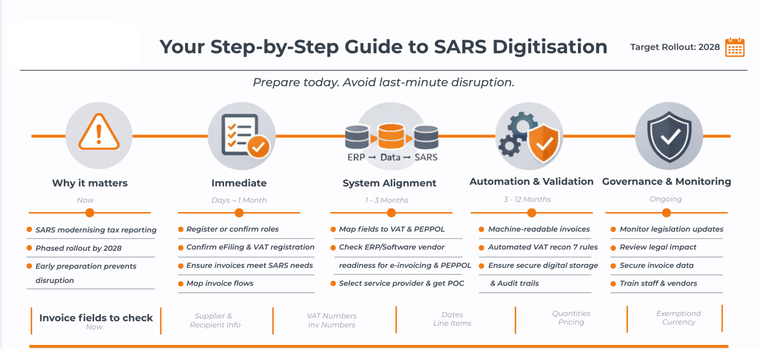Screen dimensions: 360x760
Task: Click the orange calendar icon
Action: [735, 48]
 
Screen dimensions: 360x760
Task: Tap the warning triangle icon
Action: [99, 133]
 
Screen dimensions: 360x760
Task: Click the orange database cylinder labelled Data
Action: [391, 136]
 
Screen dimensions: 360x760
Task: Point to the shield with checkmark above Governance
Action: [669, 136]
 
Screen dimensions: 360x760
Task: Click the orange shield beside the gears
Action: [544, 143]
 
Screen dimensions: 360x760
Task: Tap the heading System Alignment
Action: [389, 183]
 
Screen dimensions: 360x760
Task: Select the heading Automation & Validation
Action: [531, 182]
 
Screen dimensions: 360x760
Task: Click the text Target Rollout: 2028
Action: [675, 47]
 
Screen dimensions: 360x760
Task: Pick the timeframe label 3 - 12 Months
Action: [527, 200]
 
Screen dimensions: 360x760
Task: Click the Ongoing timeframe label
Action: [665, 199]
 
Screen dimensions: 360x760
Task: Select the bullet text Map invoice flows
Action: [220, 284]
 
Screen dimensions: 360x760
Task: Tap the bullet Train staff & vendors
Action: [658, 284]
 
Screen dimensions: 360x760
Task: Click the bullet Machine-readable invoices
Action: [539, 229]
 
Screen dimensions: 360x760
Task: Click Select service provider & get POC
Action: [401, 284]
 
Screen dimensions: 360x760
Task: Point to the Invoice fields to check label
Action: [96, 318]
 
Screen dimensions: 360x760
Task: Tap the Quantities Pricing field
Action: [571, 318]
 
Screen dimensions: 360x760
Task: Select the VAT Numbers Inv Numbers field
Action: [331, 320]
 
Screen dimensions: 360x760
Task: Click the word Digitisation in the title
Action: [549, 47]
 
